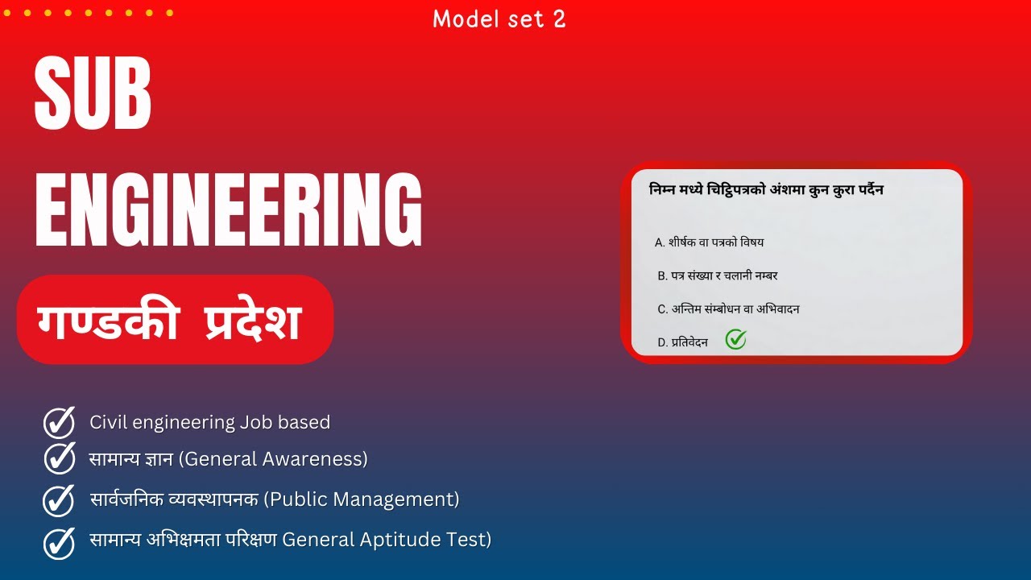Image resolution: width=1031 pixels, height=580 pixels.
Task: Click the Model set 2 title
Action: pyautogui.click(x=499, y=19)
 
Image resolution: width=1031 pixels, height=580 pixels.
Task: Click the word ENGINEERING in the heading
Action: pyautogui.click(x=229, y=210)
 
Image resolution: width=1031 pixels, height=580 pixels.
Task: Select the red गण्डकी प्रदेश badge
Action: pyautogui.click(x=175, y=320)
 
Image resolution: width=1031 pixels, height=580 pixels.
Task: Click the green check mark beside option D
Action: pyautogui.click(x=735, y=340)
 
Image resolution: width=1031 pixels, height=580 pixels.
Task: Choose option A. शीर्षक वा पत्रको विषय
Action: pyautogui.click(x=710, y=242)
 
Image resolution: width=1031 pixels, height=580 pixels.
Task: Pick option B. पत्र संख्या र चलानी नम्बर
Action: pyautogui.click(x=718, y=275)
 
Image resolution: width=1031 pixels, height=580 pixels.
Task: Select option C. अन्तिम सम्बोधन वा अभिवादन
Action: pyautogui.click(x=728, y=309)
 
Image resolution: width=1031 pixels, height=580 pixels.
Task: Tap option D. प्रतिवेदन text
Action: pyautogui.click(x=682, y=342)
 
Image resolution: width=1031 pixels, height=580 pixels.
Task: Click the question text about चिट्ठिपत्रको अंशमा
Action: pyautogui.click(x=766, y=190)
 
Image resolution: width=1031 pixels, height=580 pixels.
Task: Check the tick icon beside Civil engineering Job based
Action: pyautogui.click(x=59, y=422)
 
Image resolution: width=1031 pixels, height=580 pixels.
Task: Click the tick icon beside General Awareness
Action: pyautogui.click(x=59, y=458)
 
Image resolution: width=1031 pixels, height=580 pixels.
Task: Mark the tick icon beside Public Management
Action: pyautogui.click(x=59, y=500)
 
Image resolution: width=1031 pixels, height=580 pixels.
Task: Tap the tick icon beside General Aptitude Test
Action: pyautogui.click(x=59, y=541)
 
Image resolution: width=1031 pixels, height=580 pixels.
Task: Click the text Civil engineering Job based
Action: pyautogui.click(x=209, y=422)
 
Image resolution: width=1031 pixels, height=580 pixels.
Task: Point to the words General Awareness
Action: pyautogui.click(x=272, y=459)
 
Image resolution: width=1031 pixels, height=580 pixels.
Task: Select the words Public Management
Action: pyautogui.click(x=362, y=499)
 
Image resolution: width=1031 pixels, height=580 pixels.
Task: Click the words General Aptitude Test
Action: pyautogui.click(x=387, y=540)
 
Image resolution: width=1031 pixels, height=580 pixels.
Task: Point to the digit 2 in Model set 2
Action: pyautogui.click(x=559, y=19)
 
